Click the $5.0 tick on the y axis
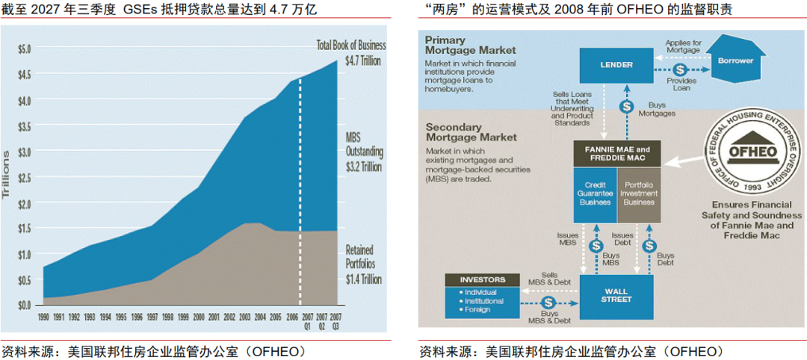pyautogui.click(x=24, y=49)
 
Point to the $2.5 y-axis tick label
pyautogui.click(x=24, y=177)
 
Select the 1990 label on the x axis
pyautogui.click(x=44, y=317)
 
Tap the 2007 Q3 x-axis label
pyautogui.click(x=336, y=320)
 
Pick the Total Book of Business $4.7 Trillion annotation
pyautogui.click(x=351, y=52)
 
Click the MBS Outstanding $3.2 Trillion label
pyautogui.click(x=364, y=152)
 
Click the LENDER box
pyautogui.click(x=616, y=65)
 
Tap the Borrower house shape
pyautogui.click(x=735, y=60)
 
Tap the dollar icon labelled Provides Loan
pyautogui.click(x=681, y=69)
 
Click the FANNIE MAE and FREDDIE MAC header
pyautogui.click(x=616, y=154)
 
